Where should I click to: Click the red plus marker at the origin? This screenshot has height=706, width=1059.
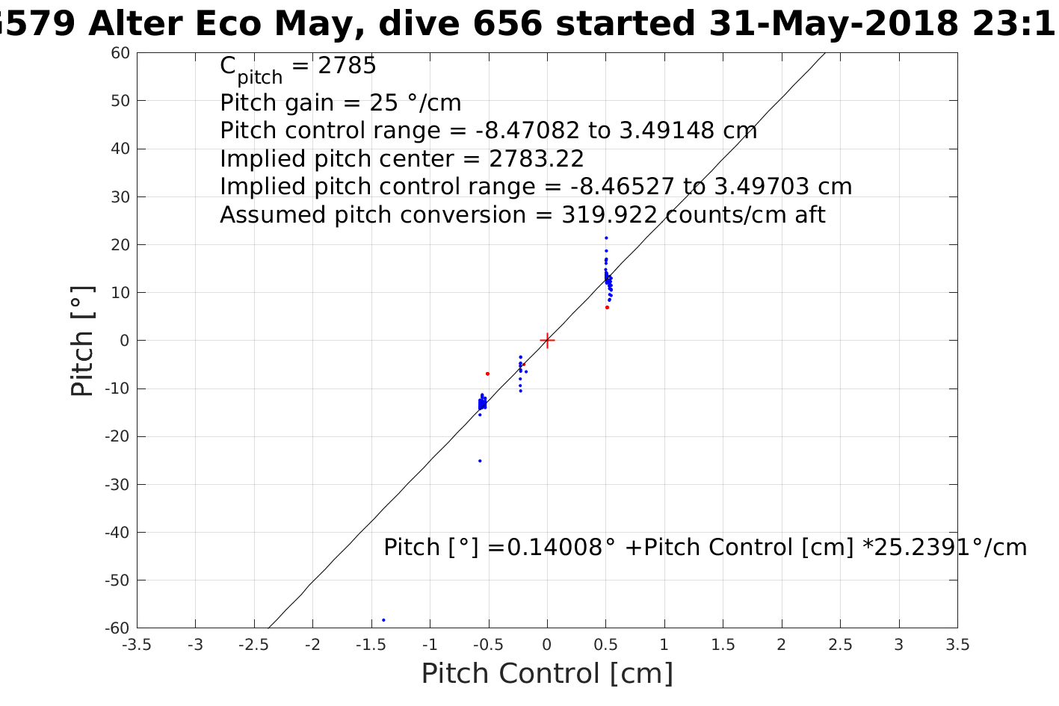point(547,341)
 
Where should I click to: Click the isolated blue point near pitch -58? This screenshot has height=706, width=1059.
point(383,620)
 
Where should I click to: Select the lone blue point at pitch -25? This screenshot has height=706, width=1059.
point(480,461)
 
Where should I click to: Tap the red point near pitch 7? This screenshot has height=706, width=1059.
point(607,307)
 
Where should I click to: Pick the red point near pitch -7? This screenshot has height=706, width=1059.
point(487,374)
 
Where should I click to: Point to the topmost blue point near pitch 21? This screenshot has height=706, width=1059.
point(606,238)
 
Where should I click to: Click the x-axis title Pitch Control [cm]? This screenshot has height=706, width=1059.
point(547,674)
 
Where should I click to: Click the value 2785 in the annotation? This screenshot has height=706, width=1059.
point(348,66)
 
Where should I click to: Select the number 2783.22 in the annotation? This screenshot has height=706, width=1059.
point(537,159)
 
